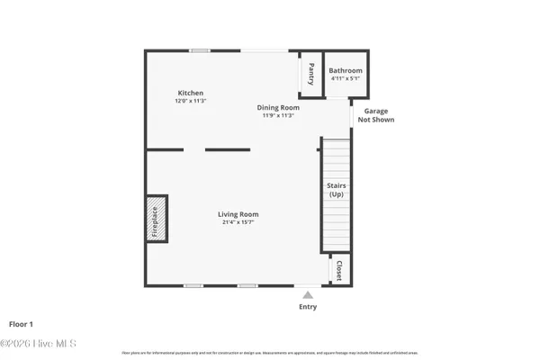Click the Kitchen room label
pos(190,93)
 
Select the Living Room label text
pos(238,214)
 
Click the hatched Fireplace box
pos(155,219)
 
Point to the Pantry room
pos(310,73)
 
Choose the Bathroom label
pos(346,70)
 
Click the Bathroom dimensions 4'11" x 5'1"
pos(346,78)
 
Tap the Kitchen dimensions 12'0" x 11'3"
pos(190,101)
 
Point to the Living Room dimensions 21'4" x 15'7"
pos(238,222)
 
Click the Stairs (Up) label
pos(336,189)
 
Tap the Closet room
pos(339,270)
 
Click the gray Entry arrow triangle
pos(308,294)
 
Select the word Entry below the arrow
pos(308,307)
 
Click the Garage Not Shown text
pos(376,114)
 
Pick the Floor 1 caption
pos(21,323)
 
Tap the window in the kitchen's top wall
pos(200,50)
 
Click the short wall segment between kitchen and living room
pos(227,149)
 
